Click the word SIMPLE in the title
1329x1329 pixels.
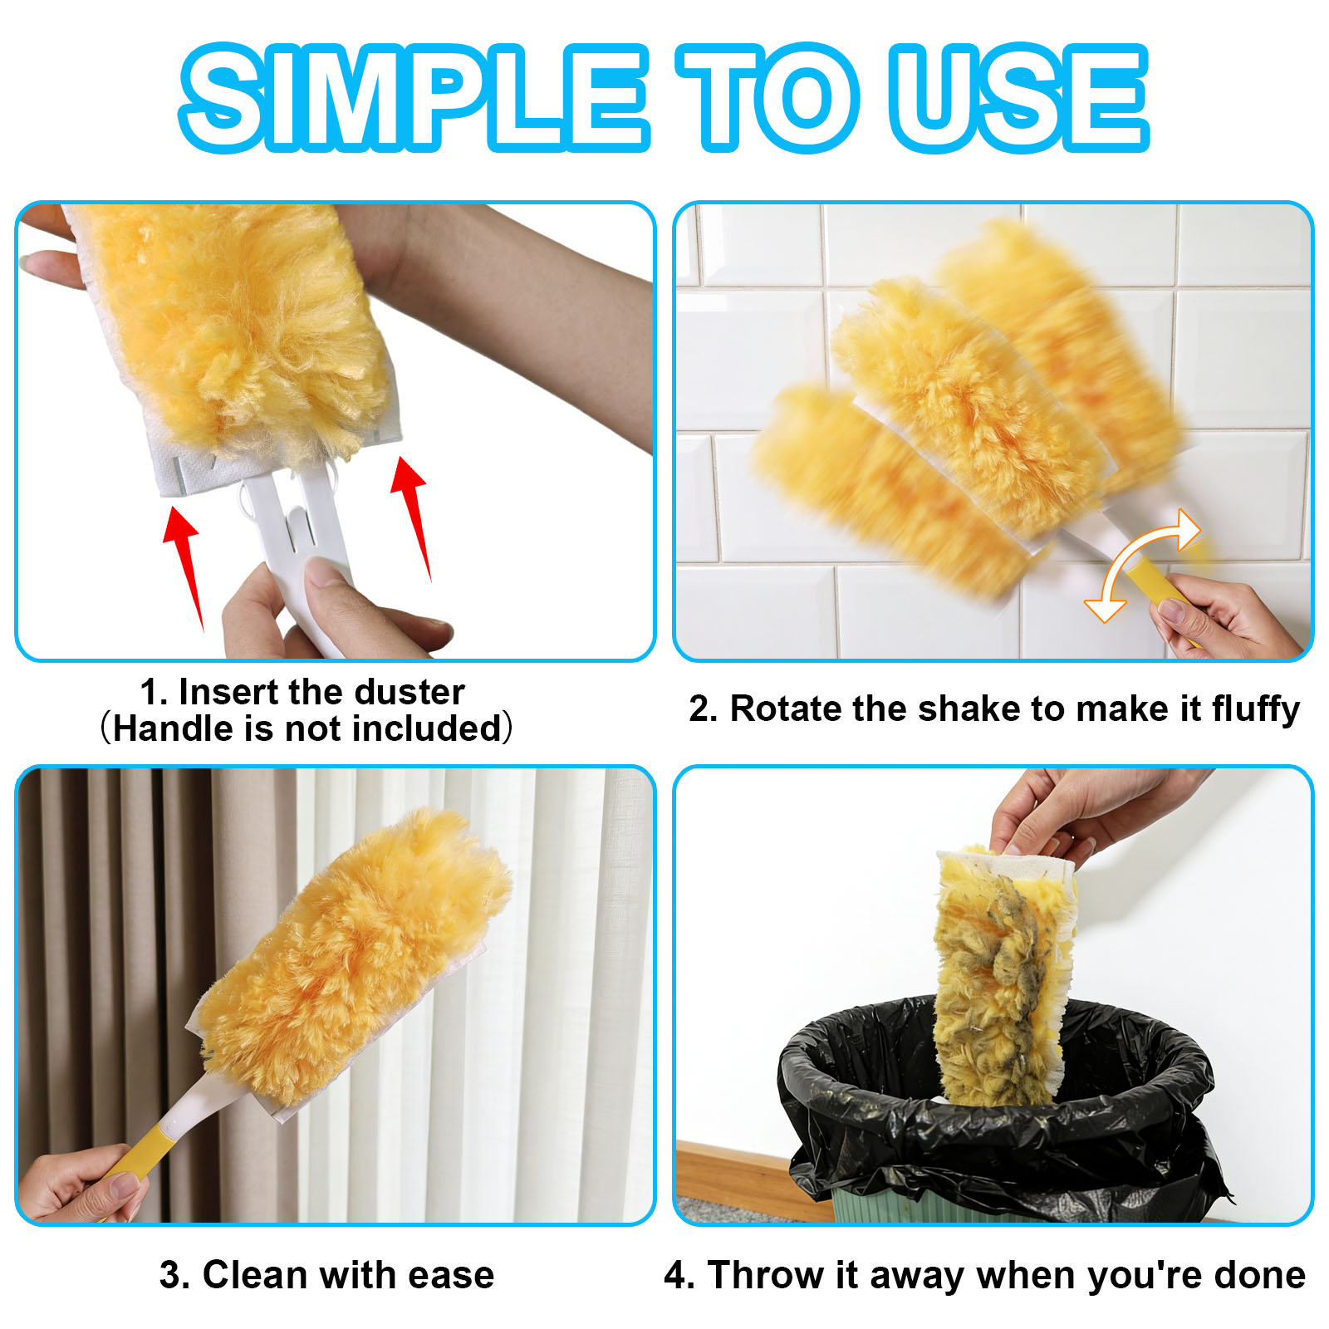pos(414,97)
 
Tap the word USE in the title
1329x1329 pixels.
pos(1018,97)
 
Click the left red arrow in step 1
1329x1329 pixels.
pos(184,565)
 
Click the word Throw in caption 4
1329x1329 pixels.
pos(765,1275)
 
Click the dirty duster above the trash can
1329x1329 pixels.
pos(1003,976)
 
